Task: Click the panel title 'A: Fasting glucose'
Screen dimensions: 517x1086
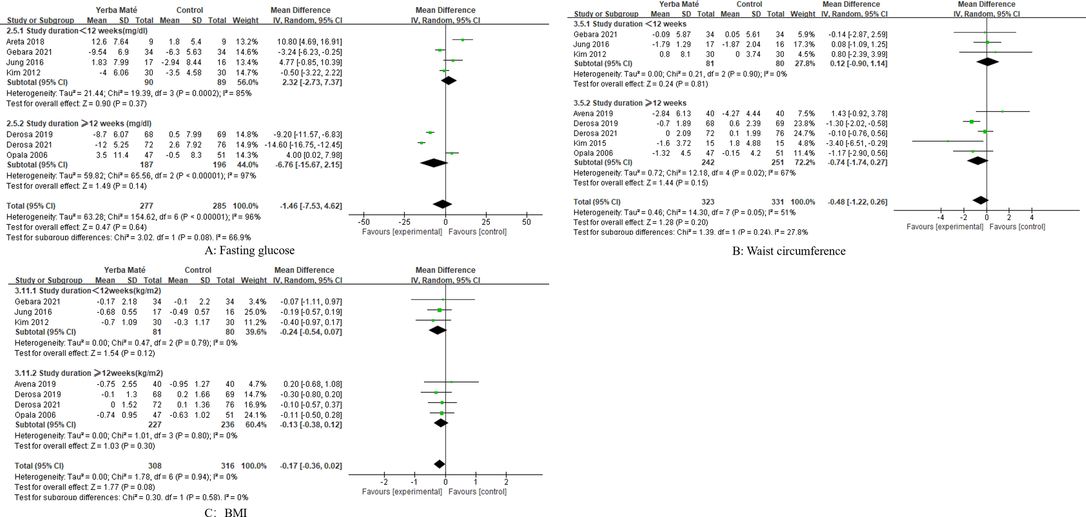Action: pyautogui.click(x=249, y=250)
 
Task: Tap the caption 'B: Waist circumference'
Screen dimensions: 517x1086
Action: pyautogui.click(x=788, y=251)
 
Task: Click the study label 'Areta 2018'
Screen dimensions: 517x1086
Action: pyautogui.click(x=25, y=42)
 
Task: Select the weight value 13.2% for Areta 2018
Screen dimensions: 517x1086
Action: pyautogui.click(x=247, y=42)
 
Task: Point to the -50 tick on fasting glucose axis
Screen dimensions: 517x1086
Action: pyautogui.click(x=364, y=222)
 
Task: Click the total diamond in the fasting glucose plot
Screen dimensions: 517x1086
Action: pyautogui.click(x=442, y=204)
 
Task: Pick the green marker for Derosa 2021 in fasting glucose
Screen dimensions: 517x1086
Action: pyautogui.click(x=421, y=143)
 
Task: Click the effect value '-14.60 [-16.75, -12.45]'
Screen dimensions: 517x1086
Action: pyautogui.click(x=303, y=145)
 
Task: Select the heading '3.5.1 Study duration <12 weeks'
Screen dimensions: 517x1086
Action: pyautogui.click(x=630, y=24)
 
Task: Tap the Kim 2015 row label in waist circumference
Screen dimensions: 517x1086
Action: pyautogui.click(x=589, y=143)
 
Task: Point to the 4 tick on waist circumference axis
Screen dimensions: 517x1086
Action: pyautogui.click(x=1032, y=217)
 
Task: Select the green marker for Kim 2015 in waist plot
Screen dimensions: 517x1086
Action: pyautogui.click(x=948, y=141)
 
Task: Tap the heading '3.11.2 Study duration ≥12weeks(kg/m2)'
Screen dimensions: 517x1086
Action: pyautogui.click(x=89, y=373)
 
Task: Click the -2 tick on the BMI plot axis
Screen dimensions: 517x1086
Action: pyautogui.click(x=384, y=482)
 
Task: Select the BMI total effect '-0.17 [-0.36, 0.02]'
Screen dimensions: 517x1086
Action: pyautogui.click(x=311, y=466)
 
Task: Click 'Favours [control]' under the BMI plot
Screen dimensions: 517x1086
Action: pyautogui.click(x=477, y=491)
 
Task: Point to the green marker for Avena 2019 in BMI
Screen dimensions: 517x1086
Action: pyautogui.click(x=451, y=382)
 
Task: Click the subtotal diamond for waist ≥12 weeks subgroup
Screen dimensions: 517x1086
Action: pyautogui.click(x=977, y=161)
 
